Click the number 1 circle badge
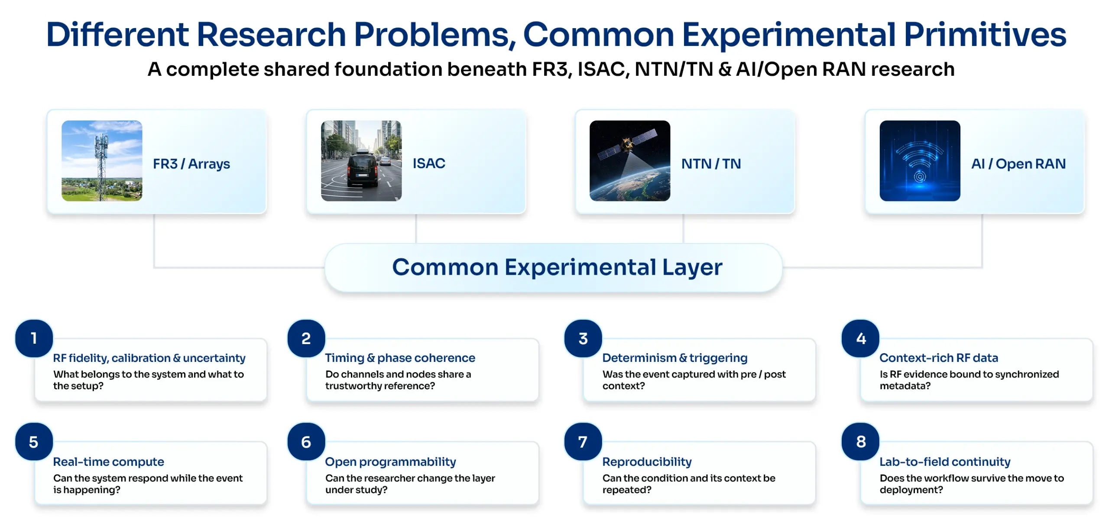34,338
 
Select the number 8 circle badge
860,442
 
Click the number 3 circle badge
583,338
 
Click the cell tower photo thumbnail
102,161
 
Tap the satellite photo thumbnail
630,161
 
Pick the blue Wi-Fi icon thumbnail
920,161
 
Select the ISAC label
429,163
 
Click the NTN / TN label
711,164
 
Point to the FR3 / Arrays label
191,164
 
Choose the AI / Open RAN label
1018,164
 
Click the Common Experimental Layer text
557,267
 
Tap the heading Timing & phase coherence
400,358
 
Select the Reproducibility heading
647,462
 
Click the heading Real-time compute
108,462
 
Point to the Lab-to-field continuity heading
945,462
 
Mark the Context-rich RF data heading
939,358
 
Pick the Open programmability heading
390,462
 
